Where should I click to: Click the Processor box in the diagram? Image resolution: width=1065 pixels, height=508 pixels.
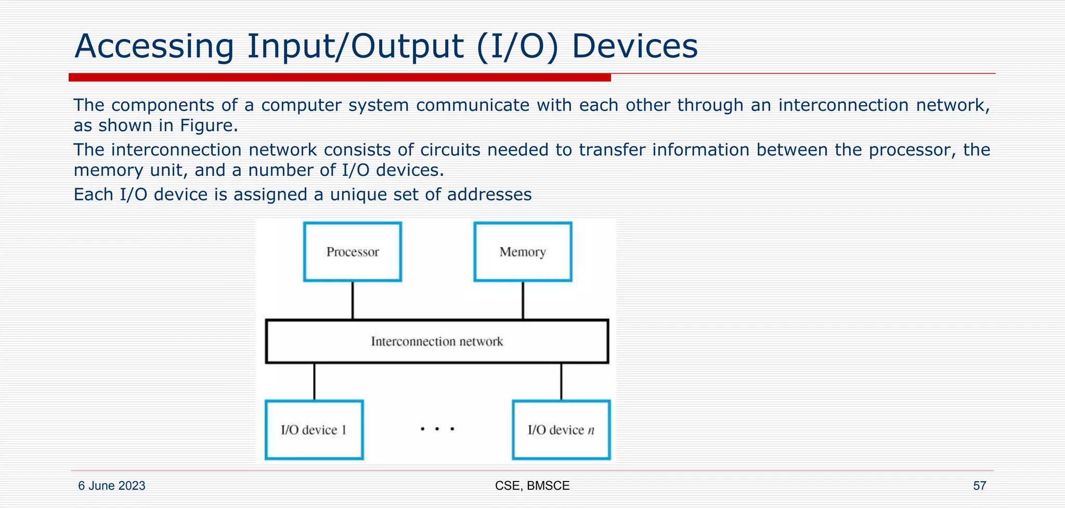click(353, 252)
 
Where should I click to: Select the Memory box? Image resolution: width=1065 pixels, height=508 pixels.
click(523, 252)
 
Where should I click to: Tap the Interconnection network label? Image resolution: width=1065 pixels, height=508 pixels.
click(437, 341)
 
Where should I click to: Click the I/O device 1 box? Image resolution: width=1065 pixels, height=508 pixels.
click(314, 430)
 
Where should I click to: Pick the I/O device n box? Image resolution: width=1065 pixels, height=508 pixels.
click(561, 430)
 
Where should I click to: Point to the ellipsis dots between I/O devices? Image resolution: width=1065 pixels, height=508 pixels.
click(437, 429)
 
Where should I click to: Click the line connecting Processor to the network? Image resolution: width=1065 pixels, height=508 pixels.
click(353, 300)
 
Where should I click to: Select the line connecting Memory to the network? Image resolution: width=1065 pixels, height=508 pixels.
click(523, 300)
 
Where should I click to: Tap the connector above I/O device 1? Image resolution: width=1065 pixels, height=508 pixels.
click(314, 382)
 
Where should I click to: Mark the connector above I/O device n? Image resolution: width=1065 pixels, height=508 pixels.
click(561, 382)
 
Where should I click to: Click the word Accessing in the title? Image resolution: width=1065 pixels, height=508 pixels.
click(154, 47)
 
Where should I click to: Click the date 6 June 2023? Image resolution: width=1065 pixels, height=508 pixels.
click(111, 486)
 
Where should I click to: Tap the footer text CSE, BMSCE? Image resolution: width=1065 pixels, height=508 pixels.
click(532, 486)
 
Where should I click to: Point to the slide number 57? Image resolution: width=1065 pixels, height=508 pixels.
click(979, 486)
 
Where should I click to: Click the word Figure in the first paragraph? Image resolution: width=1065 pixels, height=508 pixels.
click(206, 125)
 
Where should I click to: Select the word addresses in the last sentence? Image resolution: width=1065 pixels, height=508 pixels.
click(489, 195)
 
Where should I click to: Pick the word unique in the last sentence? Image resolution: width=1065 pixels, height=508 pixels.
click(359, 195)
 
